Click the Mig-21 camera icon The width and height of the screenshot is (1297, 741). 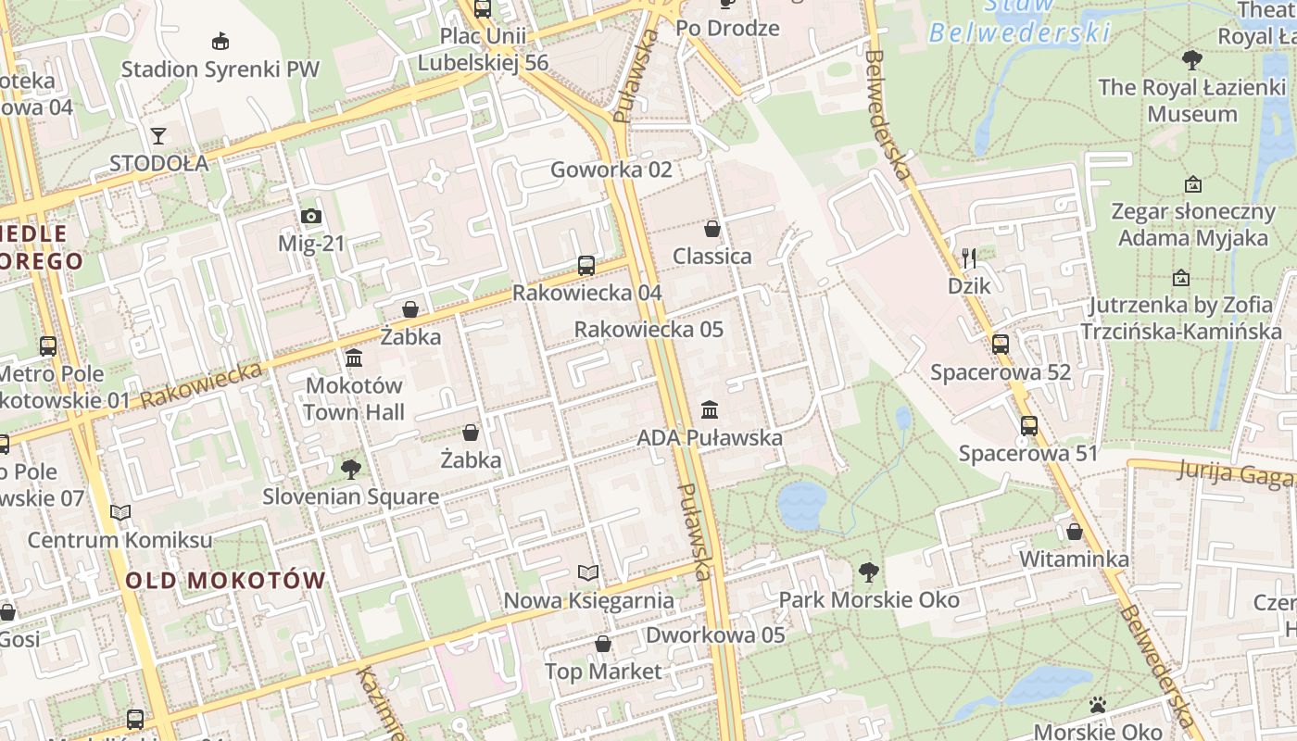tap(311, 217)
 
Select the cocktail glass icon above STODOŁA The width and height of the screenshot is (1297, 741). tap(158, 136)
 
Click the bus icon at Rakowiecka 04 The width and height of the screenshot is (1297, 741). tap(586, 266)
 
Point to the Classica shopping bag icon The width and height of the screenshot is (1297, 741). tap(712, 229)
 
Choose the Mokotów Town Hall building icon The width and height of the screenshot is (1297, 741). tap(354, 358)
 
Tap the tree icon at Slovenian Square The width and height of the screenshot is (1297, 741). tap(350, 470)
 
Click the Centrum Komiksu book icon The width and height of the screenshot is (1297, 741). tap(120, 512)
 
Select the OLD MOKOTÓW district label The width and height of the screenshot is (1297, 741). tap(225, 581)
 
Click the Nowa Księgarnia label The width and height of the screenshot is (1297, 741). tap(588, 600)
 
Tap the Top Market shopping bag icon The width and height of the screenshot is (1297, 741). tap(603, 644)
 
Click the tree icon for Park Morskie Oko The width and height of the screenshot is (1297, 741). tap(868, 572)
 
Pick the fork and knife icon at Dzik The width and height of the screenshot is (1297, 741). tap(969, 257)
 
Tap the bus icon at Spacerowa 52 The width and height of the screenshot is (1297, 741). tap(1001, 345)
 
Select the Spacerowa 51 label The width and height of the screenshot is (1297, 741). tap(1027, 454)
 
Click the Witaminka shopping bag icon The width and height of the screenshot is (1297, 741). tap(1075, 532)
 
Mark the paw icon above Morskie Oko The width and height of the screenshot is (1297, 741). tap(1098, 706)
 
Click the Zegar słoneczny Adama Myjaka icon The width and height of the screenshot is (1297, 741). tap(1193, 184)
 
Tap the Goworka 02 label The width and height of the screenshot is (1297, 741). tap(611, 170)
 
